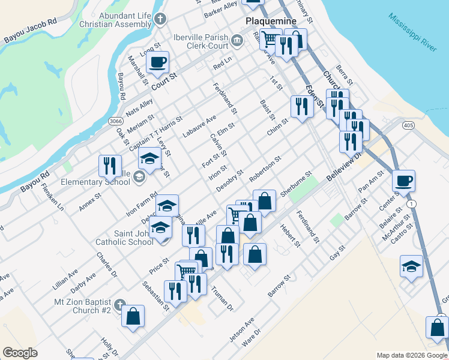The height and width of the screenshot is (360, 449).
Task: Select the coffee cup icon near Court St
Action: point(158,62)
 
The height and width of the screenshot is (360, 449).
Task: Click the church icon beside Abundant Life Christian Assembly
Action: point(160,19)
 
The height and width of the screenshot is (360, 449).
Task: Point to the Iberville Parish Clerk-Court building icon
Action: point(237,41)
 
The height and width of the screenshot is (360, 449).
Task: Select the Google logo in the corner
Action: point(20,352)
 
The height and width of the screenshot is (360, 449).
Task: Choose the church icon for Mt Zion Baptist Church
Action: point(120,304)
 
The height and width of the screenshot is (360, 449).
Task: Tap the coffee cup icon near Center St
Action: point(404,180)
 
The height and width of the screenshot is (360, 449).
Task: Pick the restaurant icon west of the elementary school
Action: point(110,164)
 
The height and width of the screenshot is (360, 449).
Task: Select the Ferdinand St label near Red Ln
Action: point(225,99)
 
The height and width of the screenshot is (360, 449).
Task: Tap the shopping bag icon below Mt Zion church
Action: point(133,316)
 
